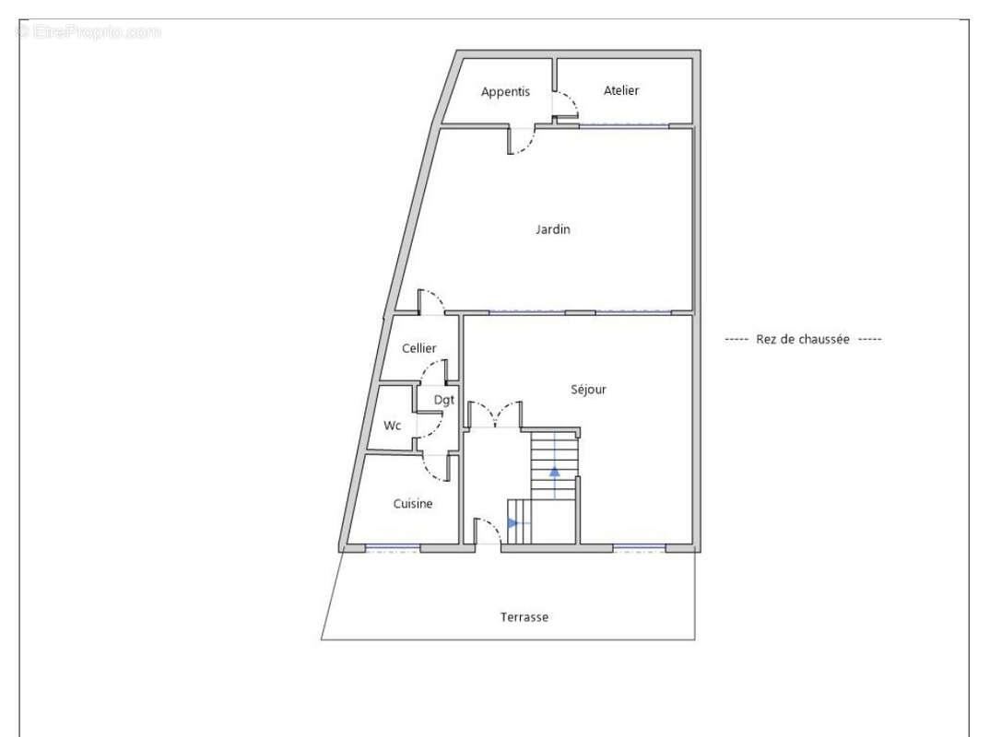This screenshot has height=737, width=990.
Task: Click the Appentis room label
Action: click(505, 92)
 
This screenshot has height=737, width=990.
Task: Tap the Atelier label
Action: click(621, 91)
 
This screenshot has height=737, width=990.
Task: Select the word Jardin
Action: click(552, 229)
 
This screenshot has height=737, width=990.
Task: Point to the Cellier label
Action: click(419, 348)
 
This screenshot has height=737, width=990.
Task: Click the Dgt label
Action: click(444, 400)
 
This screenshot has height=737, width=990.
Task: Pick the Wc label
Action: click(392, 426)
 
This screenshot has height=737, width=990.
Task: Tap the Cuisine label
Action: click(413, 504)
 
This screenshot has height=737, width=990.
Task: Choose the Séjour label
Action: click(588, 390)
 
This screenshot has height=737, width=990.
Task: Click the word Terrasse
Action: click(524, 617)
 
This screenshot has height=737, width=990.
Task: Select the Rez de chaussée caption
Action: click(803, 339)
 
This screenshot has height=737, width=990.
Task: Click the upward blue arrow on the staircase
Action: click(554, 471)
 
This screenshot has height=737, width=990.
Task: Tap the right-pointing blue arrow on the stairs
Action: click(513, 523)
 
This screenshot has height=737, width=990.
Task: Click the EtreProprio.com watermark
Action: click(89, 31)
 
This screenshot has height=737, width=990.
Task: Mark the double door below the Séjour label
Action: click(495, 414)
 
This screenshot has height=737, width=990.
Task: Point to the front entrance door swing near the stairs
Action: click(487, 531)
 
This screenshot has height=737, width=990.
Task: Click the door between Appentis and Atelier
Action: click(565, 105)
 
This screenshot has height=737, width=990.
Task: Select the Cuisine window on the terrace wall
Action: click(392, 548)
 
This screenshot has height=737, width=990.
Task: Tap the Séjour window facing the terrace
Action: click(639, 548)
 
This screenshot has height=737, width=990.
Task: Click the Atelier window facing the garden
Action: click(624, 126)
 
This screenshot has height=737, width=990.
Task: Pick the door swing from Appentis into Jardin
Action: click(522, 141)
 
